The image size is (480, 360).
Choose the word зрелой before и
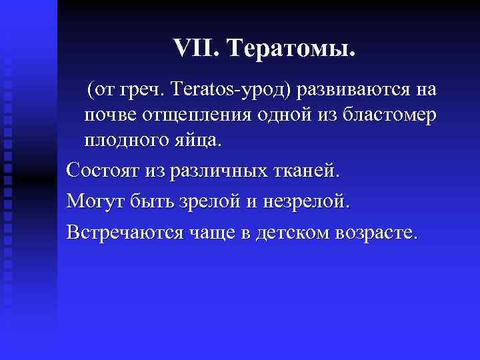(x=203, y=201)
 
